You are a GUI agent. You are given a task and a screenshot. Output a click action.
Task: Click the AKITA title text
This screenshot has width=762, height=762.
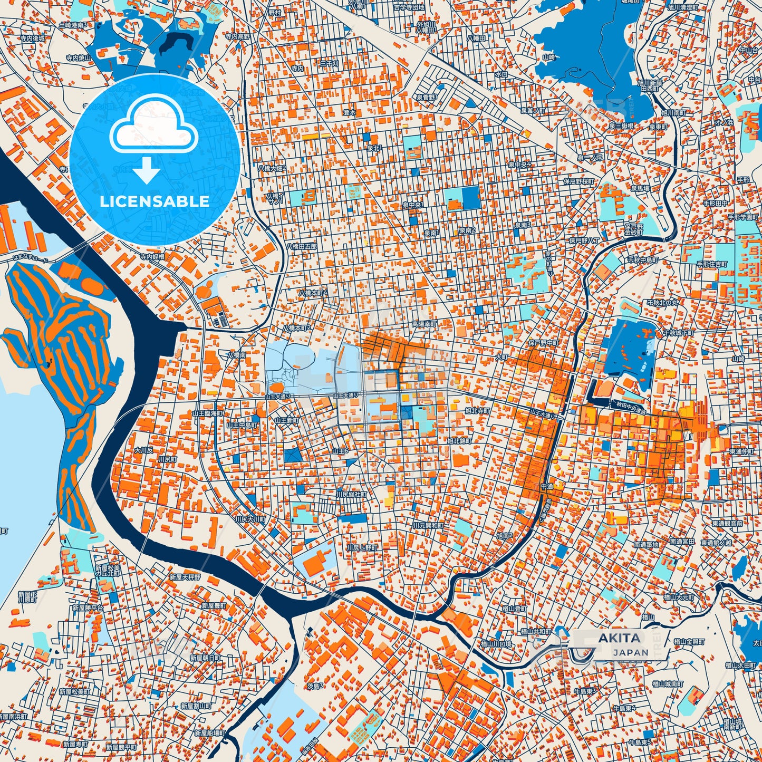[x=620, y=638]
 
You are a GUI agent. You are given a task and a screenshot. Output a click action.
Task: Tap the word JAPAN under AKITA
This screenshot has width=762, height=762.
[x=630, y=652]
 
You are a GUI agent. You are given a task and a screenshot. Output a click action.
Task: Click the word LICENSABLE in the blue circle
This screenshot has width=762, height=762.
[x=155, y=201]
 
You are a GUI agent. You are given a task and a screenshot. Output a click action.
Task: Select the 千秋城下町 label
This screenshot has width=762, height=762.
[x=679, y=333]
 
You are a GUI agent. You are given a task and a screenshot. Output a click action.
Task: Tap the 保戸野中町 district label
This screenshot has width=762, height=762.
[x=544, y=343]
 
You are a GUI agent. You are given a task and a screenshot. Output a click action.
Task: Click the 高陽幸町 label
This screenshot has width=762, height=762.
[x=424, y=324]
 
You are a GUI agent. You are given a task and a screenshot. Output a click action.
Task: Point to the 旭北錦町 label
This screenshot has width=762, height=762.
[x=459, y=440]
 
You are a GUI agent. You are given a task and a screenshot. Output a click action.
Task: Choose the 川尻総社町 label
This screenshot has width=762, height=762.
[x=352, y=495]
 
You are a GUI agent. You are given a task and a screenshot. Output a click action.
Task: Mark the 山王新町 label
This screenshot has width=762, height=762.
[x=286, y=420]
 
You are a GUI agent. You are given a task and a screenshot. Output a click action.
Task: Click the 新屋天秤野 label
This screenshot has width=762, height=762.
[x=185, y=577]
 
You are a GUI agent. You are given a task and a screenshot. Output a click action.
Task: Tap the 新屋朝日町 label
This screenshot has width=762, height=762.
[x=205, y=658]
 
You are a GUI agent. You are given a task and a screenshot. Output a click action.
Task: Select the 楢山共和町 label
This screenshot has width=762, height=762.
[x=535, y=631]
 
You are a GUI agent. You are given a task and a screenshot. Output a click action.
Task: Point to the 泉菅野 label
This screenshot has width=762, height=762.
[x=426, y=97]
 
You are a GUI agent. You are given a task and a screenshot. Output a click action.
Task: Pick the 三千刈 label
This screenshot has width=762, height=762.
[x=329, y=64]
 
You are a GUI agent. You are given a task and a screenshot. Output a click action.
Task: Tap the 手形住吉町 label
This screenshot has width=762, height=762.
[x=712, y=264]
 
